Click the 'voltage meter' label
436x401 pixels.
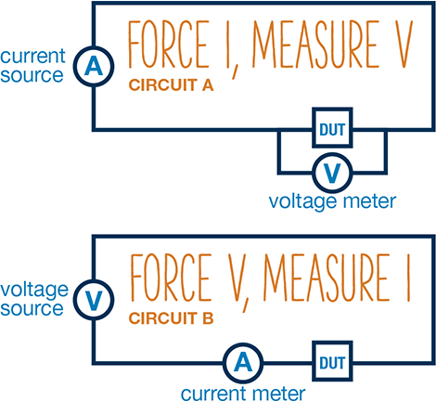[332, 201]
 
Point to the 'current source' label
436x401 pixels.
[32, 66]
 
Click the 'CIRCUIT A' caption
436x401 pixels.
[171, 85]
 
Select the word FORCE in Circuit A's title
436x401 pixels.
[169, 44]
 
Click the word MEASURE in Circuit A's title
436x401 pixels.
[316, 44]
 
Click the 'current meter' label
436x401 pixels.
[243, 394]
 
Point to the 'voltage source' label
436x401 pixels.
[34, 299]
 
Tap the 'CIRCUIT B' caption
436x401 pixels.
[171, 318]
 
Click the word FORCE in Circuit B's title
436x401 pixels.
[171, 278]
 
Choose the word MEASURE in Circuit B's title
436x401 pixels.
[327, 278]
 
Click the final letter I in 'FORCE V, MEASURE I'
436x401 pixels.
[408, 278]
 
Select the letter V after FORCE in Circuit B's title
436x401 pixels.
[237, 278]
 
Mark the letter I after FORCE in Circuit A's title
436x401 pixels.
[228, 44]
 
